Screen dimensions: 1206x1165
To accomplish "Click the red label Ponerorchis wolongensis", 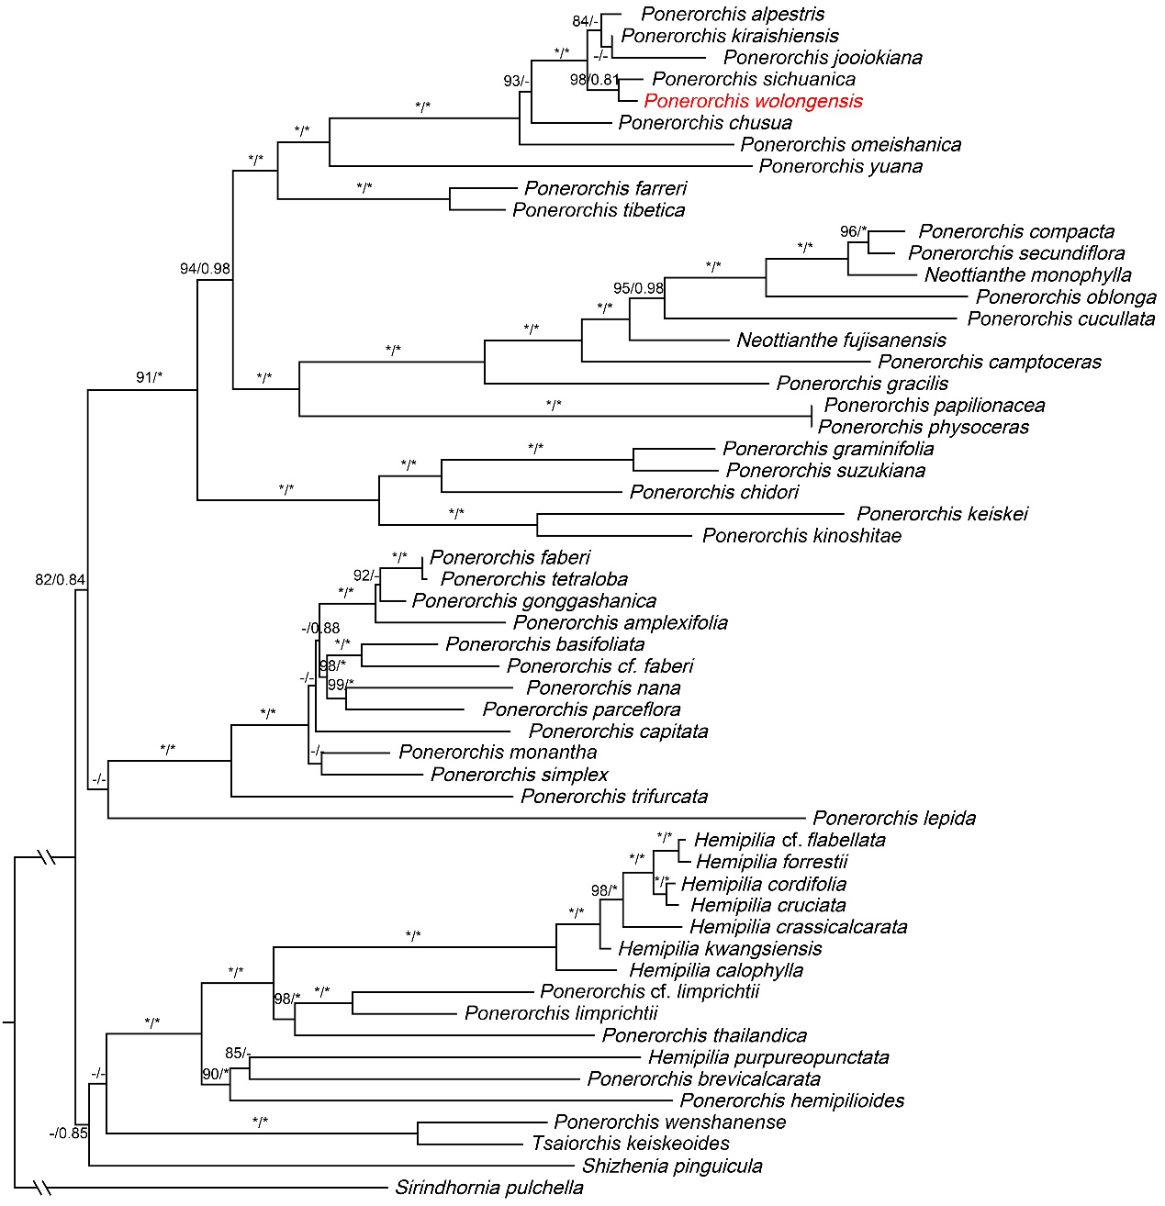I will click(753, 101).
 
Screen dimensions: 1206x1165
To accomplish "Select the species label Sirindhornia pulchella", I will click(489, 1188).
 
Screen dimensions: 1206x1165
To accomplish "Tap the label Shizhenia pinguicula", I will click(672, 1167).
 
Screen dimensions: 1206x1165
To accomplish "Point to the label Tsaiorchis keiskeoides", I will click(631, 1144).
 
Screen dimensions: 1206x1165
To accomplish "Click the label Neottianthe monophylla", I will click(1027, 275).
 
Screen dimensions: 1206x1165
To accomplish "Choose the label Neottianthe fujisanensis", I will click(841, 341).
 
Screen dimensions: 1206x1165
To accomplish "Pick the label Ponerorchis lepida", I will click(894, 818).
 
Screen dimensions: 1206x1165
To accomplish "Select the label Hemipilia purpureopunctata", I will click(768, 1057).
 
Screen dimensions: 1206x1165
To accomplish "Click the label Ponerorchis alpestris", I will click(733, 14).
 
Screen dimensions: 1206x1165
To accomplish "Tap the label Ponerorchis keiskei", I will click(942, 514).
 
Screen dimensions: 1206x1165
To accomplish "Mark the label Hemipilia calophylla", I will click(716, 970).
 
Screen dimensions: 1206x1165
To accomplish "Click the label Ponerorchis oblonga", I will click(1066, 297).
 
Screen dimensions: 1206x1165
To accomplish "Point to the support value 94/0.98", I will click(205, 269).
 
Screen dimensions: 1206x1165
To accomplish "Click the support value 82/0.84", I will click(60, 579).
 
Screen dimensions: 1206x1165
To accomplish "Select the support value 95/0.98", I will click(638, 288).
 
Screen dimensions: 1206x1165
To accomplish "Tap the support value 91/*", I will click(149, 377).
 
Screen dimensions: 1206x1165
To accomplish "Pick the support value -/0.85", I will click(68, 1133).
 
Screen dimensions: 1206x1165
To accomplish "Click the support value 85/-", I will click(238, 1053).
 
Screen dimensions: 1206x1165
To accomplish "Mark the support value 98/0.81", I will click(594, 80).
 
